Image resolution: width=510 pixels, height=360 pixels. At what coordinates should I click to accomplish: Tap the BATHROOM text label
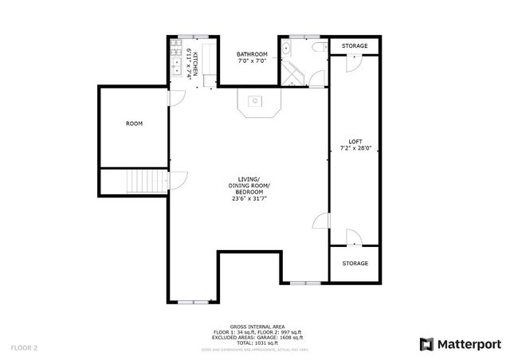point(252,54)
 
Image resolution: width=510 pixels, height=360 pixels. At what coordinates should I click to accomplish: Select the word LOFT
point(355,141)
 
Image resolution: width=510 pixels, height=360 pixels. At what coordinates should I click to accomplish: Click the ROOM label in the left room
point(134,124)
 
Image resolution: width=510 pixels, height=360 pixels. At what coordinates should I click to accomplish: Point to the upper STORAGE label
point(355,46)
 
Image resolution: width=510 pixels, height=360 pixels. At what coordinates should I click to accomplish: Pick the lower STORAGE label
point(355,263)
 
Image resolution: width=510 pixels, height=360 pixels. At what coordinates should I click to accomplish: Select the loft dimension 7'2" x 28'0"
point(355,148)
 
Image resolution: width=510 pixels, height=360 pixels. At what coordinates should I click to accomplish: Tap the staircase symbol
point(146,182)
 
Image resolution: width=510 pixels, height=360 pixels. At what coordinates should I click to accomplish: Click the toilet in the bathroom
point(318,49)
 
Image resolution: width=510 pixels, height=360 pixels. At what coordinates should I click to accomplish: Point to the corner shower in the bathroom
point(293,76)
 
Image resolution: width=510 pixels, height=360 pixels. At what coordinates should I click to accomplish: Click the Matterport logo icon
point(426,344)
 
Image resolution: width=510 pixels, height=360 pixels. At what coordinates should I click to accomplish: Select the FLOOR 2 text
point(24,347)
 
